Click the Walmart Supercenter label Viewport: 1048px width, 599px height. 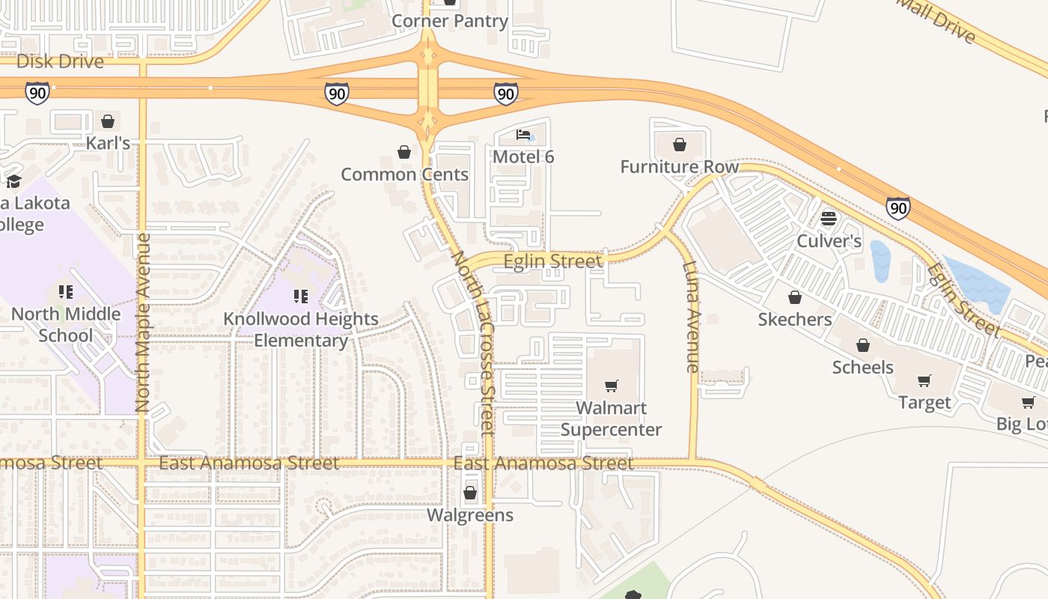611,419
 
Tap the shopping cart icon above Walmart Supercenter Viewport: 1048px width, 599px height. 612,386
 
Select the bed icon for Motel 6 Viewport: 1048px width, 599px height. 523,135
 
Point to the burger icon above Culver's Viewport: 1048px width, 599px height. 828,219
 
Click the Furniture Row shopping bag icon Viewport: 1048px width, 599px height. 680,145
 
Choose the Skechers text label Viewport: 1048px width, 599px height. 794,320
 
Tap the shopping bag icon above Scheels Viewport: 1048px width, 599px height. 863,345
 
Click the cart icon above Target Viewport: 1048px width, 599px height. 924,380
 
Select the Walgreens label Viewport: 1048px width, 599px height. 470,515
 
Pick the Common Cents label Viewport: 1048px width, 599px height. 404,174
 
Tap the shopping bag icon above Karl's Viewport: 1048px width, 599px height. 108,121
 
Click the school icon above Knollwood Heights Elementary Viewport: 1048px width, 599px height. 301,297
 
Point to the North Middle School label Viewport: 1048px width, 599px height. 66,324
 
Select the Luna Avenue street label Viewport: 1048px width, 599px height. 691,317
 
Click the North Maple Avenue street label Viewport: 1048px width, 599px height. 143,323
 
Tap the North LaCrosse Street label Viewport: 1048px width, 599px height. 473,343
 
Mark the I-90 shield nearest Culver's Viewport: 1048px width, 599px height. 898,207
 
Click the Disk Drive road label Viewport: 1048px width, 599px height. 60,61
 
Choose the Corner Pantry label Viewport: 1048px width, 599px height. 450,21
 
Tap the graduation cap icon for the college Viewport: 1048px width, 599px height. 13,181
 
